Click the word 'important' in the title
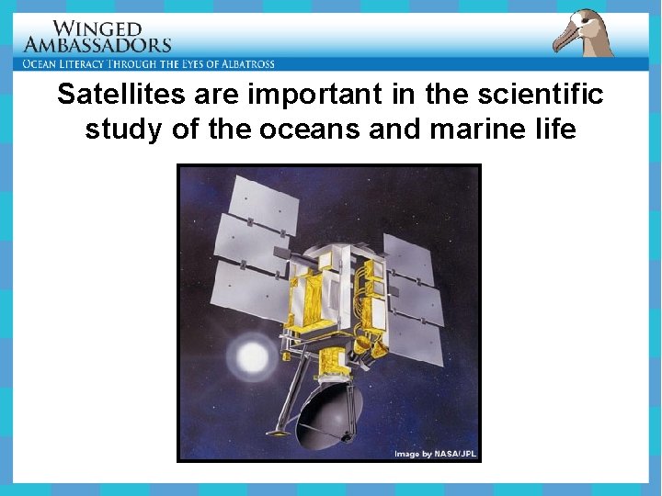click(x=306, y=95)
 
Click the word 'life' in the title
click(x=554, y=130)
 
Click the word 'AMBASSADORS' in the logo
click(x=97, y=45)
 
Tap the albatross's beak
click(x=566, y=42)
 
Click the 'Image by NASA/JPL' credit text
click(x=436, y=454)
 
